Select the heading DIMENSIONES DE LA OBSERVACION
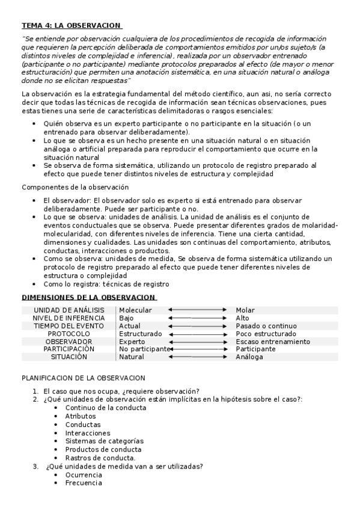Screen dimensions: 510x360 click(89, 297)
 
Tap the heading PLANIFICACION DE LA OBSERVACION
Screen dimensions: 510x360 click(83, 378)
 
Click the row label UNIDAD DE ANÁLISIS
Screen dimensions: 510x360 click(69, 310)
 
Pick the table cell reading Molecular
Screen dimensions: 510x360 click(135, 310)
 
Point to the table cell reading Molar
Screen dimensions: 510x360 click(245, 310)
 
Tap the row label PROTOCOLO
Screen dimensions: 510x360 click(69, 333)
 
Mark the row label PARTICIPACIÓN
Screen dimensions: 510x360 click(69, 349)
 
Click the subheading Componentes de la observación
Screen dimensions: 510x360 click(75, 187)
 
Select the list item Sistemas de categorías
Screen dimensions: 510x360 click(104, 441)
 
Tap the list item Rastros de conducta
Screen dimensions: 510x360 click(100, 458)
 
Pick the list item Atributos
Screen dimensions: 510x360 click(81, 416)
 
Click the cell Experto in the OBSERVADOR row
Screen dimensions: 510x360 click(132, 341)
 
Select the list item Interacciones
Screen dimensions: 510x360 click(88, 432)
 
